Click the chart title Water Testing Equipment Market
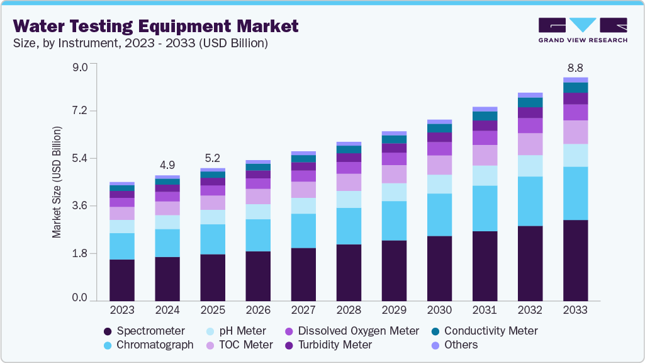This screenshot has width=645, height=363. tap(155, 26)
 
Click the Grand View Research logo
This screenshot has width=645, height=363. tap(583, 30)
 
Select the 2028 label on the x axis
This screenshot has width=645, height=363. tap(348, 310)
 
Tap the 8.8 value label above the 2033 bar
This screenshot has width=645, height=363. tap(575, 67)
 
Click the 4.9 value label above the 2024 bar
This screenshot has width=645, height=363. tap(167, 165)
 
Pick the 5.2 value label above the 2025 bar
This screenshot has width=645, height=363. tap(212, 158)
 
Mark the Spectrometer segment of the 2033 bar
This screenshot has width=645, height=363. tap(575, 260)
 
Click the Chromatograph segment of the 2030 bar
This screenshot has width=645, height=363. tap(439, 215)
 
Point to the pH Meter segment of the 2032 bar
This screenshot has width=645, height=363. tap(529, 166)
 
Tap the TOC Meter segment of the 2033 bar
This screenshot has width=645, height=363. tap(575, 132)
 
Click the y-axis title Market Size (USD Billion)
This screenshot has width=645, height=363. tap(57, 182)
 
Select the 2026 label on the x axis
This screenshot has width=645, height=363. tap(257, 310)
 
